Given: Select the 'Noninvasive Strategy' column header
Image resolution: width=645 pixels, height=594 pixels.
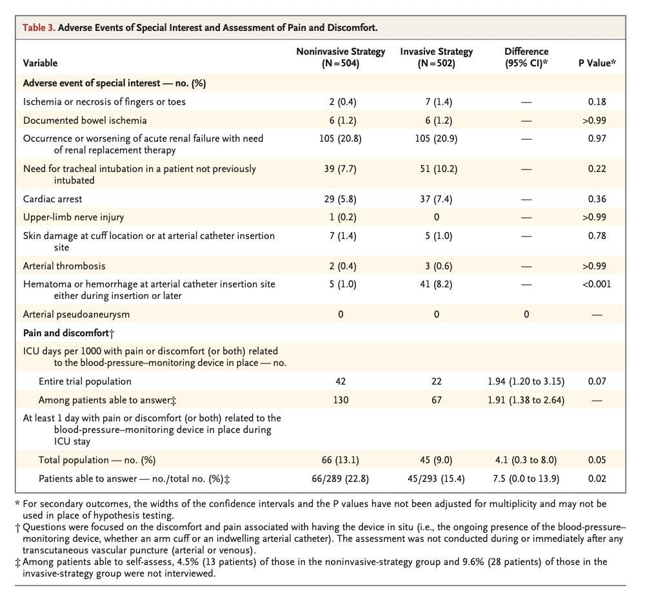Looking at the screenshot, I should tap(341, 57).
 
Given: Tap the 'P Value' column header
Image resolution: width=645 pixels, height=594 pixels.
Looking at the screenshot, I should tap(597, 63).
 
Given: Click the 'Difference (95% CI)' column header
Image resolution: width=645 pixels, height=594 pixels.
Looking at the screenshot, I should tap(526, 57).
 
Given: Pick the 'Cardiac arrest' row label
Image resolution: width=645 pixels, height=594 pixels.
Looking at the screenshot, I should tap(53, 199).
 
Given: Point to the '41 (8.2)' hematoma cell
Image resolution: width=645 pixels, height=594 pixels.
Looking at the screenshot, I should tap(437, 284).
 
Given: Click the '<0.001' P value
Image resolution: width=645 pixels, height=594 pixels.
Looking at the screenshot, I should tap(597, 284).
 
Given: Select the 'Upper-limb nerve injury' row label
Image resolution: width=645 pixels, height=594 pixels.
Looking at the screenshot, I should tap(73, 217).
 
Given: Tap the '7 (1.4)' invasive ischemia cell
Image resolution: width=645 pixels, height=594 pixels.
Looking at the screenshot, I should tap(437, 102).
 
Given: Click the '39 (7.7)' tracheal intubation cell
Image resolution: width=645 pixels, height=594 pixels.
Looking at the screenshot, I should tap(341, 169).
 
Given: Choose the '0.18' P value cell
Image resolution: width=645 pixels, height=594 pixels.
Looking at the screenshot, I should tap(597, 102).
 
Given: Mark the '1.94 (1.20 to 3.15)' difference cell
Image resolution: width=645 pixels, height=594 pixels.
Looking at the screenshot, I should tap(526, 381).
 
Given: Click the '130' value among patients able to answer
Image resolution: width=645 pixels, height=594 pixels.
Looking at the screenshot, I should tap(341, 400).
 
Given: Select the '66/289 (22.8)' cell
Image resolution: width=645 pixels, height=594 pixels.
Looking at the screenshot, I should tap(341, 479).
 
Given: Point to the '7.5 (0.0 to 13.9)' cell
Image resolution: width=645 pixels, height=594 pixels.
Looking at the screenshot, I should tap(526, 479).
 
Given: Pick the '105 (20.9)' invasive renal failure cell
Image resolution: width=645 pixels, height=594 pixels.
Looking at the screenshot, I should tap(437, 139).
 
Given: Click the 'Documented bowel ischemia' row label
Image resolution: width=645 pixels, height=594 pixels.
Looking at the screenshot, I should tap(84, 120).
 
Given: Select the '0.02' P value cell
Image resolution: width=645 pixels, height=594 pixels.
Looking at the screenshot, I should tap(597, 479).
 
